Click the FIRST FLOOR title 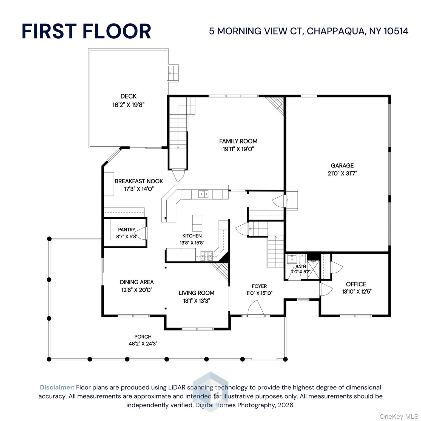tap(86, 31)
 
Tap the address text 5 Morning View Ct tap(308, 31)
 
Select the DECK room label tap(128, 96)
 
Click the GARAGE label tap(342, 166)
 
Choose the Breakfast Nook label tap(139, 181)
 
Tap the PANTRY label tap(127, 230)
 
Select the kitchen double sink tap(203, 194)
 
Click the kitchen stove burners tap(206, 256)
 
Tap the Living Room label tap(196, 293)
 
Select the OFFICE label tap(356, 284)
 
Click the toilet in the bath tap(302, 258)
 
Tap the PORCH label tap(143, 337)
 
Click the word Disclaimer tap(57, 387)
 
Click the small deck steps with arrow tap(173, 73)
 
